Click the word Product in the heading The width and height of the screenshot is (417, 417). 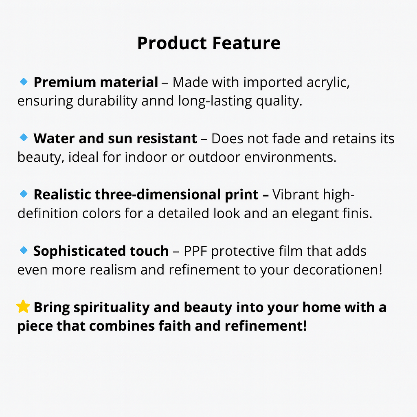point(172,43)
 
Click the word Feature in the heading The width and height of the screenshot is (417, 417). point(246,43)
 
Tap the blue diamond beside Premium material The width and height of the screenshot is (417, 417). point(24,81)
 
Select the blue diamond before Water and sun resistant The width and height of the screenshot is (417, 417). point(24,138)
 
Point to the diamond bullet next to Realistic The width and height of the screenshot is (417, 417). point(24,194)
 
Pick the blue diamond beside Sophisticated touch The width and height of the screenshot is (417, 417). point(24,250)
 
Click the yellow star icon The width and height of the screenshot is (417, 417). point(23,306)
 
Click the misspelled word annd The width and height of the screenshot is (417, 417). point(158,101)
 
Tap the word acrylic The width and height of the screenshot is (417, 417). point(328,83)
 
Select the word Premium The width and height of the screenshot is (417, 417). point(65,82)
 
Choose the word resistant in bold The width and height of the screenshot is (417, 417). point(167,138)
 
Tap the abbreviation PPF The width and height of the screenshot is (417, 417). point(195,251)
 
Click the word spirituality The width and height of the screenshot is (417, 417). point(112,308)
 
